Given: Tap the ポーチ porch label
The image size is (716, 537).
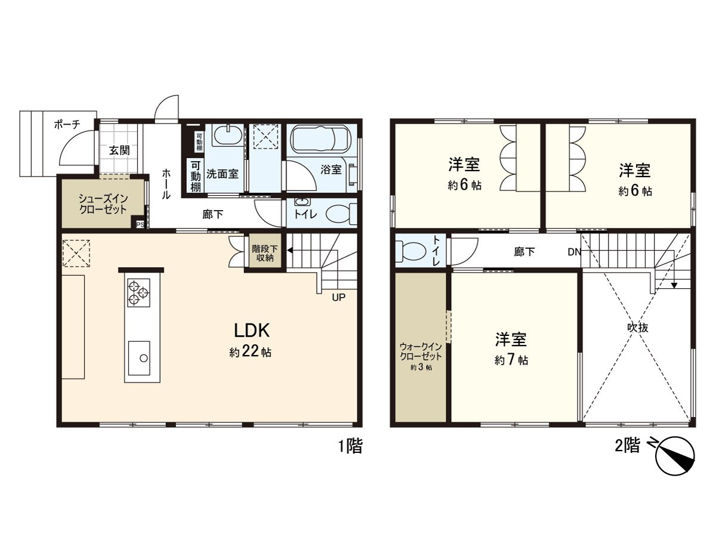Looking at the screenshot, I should (67, 125).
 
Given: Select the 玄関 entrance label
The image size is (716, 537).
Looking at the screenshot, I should (119, 150).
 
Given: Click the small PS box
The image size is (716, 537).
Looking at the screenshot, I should (140, 224).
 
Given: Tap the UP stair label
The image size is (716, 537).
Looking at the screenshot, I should (338, 297).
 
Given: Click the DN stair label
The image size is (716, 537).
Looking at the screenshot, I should (574, 252).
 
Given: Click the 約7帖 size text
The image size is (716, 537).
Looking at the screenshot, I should (511, 360).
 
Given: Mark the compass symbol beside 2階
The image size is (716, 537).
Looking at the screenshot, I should (675, 458).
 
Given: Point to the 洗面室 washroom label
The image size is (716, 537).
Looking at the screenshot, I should (223, 174).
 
